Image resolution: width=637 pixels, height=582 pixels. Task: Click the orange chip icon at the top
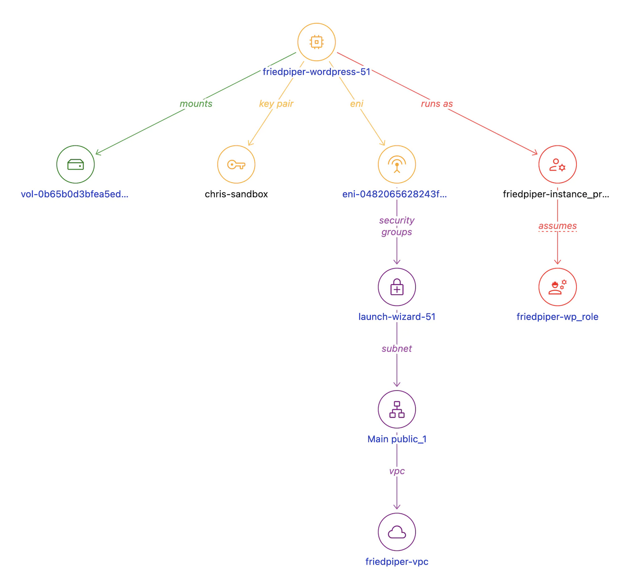click(316, 42)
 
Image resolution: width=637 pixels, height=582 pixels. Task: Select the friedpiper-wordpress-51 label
click(316, 72)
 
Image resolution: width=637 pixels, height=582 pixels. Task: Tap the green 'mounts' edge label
click(196, 104)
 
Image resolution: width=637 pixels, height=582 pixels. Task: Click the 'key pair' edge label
click(276, 104)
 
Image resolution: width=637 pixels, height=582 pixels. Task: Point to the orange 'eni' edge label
click(357, 104)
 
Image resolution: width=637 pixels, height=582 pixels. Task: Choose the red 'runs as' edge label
click(436, 104)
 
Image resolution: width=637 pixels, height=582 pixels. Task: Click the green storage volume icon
click(75, 164)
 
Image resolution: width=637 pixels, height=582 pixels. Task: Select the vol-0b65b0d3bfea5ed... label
click(75, 194)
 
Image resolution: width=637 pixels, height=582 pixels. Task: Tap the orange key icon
click(236, 164)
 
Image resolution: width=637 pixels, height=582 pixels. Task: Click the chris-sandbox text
click(236, 194)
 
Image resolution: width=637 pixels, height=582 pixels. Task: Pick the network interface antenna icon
click(397, 164)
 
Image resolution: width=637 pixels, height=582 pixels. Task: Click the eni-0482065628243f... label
click(394, 194)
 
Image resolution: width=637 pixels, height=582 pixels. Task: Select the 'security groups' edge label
click(397, 226)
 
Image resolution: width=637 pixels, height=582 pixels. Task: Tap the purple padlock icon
click(397, 287)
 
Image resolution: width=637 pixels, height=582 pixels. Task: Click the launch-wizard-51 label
click(397, 317)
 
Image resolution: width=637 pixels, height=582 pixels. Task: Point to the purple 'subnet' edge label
click(397, 349)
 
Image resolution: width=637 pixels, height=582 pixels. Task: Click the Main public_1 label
click(397, 439)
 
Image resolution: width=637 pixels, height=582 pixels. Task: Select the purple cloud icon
click(397, 532)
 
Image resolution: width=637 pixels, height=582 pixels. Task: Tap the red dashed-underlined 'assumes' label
click(557, 226)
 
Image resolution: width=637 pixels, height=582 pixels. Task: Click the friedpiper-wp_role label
click(557, 317)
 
